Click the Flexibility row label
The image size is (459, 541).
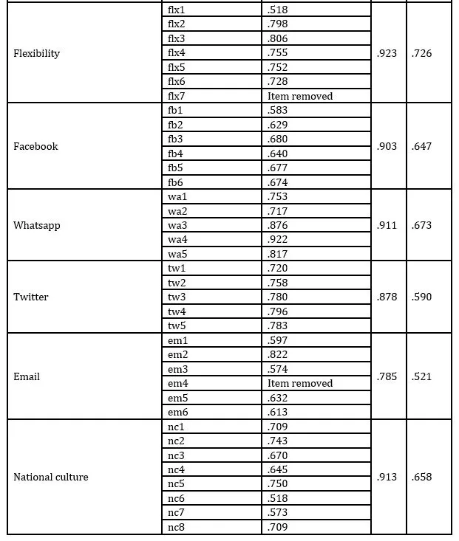(36, 54)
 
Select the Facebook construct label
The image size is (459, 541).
(35, 146)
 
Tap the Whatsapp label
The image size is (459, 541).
(36, 225)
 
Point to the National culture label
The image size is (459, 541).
(50, 477)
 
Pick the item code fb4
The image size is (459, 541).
(175, 154)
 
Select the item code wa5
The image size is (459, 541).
(177, 254)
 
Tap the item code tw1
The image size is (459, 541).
(176, 269)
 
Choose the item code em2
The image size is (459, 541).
(177, 355)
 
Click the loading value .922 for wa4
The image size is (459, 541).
(277, 240)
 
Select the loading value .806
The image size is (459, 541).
(277, 39)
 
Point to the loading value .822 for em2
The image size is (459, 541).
(277, 355)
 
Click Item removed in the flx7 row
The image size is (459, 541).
(300, 96)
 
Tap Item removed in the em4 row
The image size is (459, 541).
(300, 384)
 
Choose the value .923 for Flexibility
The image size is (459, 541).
(387, 54)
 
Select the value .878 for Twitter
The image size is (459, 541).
(387, 297)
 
